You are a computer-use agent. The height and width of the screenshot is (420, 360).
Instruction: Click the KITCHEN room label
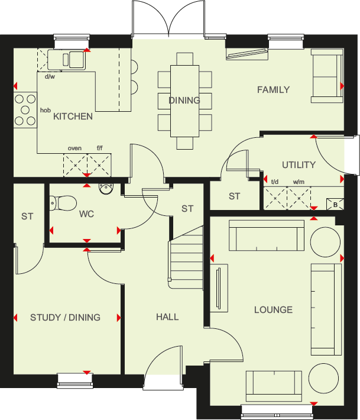(x=73, y=117)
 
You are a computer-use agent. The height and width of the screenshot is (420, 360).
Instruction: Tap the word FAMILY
(x=273, y=90)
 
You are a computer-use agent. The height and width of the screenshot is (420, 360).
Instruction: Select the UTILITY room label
(x=299, y=165)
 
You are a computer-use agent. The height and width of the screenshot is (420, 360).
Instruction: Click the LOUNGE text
(x=273, y=309)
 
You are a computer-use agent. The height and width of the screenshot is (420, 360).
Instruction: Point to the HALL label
(x=167, y=317)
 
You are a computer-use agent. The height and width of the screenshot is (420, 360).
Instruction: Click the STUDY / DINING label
(x=65, y=317)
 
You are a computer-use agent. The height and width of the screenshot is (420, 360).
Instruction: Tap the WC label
(x=87, y=214)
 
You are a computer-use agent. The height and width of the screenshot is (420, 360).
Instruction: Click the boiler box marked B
(x=336, y=205)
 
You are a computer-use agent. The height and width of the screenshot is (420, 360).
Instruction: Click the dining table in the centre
(x=184, y=101)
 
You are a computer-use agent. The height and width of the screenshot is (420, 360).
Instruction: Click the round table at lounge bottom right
(x=323, y=377)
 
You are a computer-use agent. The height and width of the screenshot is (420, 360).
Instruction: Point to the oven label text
(x=74, y=148)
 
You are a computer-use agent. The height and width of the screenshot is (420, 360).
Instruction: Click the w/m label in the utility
(x=299, y=182)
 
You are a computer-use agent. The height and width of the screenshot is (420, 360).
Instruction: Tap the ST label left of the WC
(x=27, y=217)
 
